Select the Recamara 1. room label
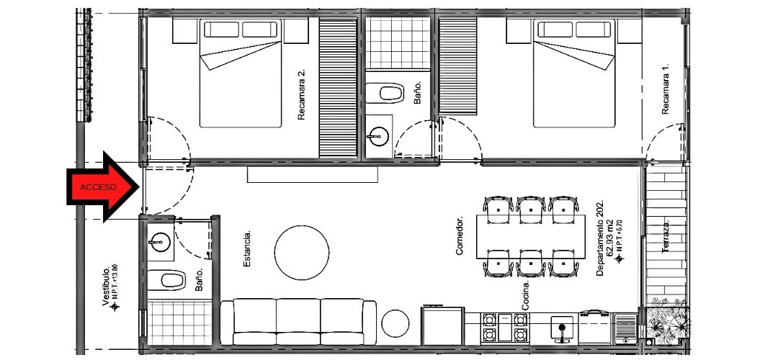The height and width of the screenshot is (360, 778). point(666,89)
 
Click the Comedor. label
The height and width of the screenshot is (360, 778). point(459,235)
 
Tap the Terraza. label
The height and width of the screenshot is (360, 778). point(666,237)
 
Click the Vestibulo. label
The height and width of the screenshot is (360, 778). point(106,287)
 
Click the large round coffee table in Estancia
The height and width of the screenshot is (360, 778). point(302,253)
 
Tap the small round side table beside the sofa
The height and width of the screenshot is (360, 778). point(395,323)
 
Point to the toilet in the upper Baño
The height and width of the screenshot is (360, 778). point(385,93)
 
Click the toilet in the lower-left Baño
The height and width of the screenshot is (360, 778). point(166,280)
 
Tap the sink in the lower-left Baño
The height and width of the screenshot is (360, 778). point(160,243)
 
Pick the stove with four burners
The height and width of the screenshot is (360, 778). point(504,328)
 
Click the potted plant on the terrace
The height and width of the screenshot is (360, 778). point(667,325)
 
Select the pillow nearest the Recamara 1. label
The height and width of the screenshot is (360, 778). point(593,30)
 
